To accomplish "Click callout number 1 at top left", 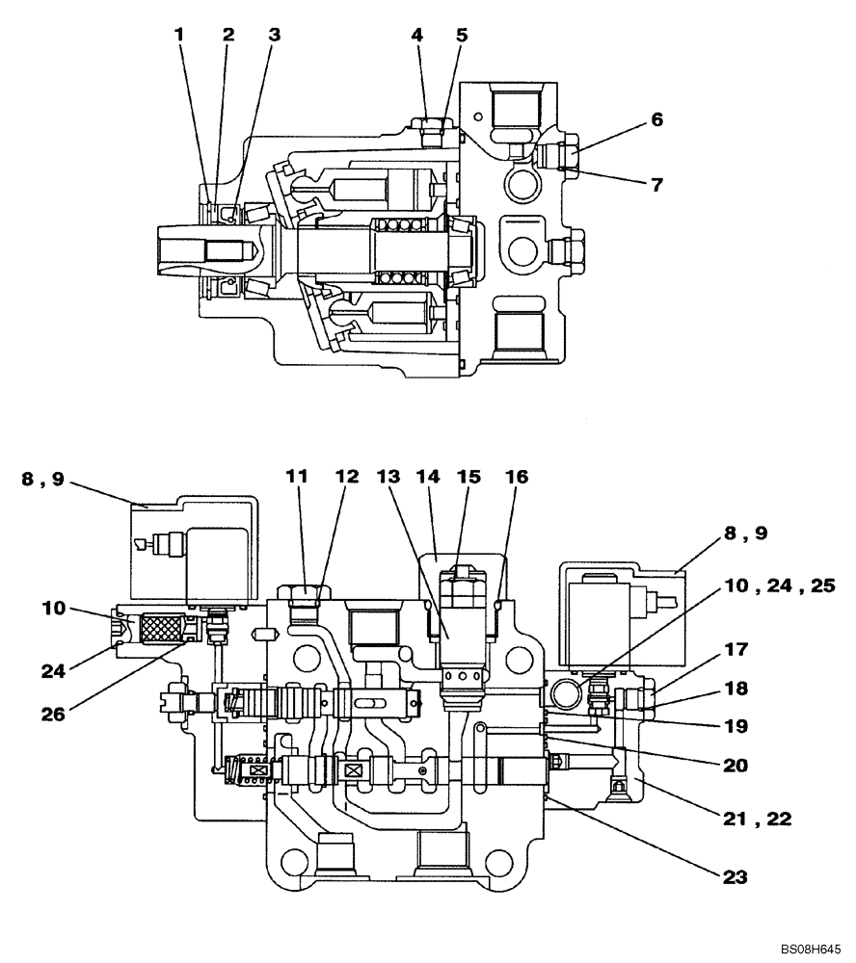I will [178, 35].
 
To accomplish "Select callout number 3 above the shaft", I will [275, 35].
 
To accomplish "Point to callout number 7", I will [656, 185].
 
